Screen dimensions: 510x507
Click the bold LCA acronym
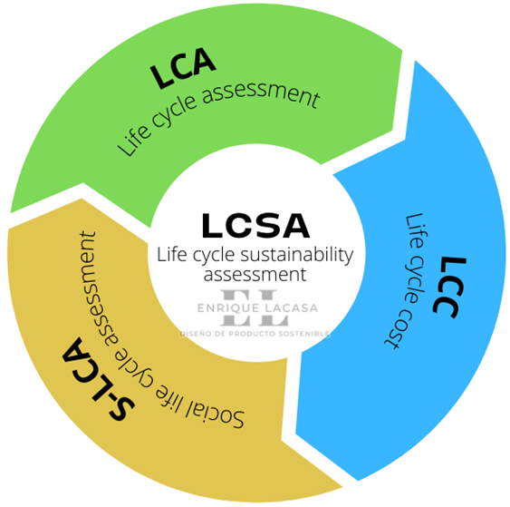click(x=183, y=67)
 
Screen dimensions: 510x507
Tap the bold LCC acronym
click(x=449, y=287)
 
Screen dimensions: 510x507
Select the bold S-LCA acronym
click(x=97, y=380)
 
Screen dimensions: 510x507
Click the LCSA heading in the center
click(x=255, y=226)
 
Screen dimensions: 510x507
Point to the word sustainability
click(x=296, y=255)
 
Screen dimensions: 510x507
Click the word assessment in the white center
click(x=255, y=275)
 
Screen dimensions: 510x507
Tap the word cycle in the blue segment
click(x=414, y=279)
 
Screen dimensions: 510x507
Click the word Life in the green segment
click(x=134, y=141)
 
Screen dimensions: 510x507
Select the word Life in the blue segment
click(x=416, y=232)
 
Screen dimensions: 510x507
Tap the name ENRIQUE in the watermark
click(x=228, y=308)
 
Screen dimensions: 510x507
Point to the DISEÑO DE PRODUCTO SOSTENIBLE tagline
click(x=255, y=334)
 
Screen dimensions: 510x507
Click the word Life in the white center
click(x=168, y=255)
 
